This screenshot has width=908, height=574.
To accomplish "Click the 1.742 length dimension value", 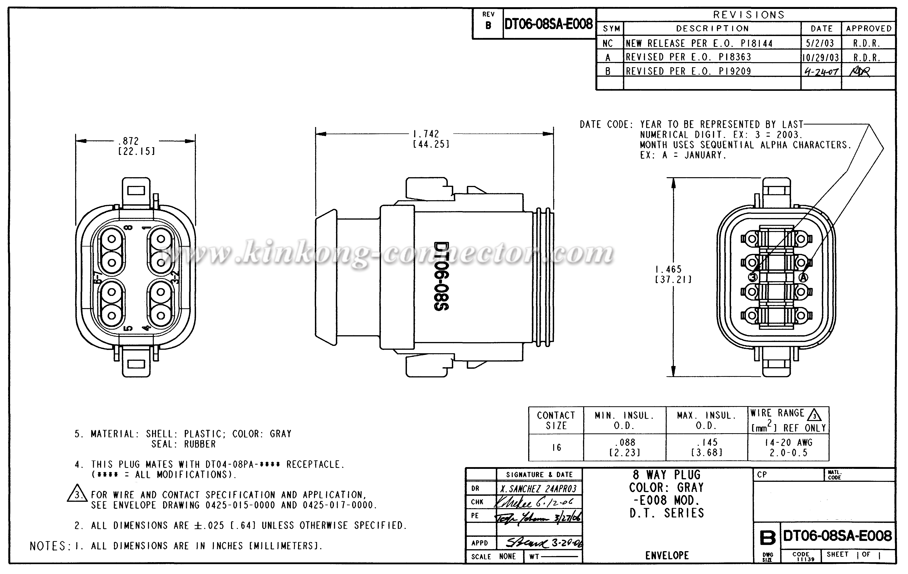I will point(426,134).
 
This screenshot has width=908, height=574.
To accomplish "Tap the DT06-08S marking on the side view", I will point(441,276).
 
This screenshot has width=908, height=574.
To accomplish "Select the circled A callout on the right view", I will point(804,277).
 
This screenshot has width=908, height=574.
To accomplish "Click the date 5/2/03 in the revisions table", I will point(820,43).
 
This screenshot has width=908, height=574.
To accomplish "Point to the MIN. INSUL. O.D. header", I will point(624,420).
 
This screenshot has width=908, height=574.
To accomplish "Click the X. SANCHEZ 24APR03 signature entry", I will point(538,489).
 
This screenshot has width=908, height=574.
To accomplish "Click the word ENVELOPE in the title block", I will point(667,555).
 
